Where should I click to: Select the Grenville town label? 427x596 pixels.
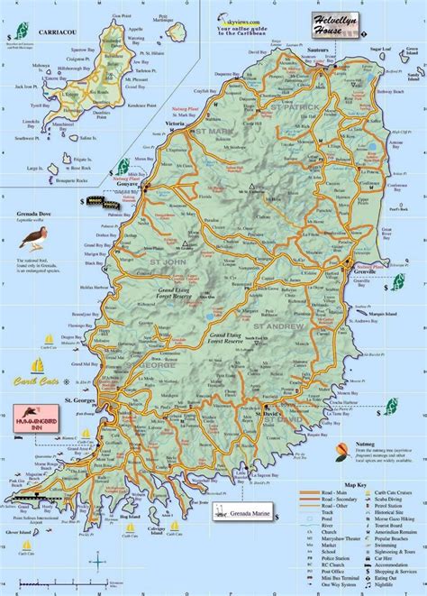365,290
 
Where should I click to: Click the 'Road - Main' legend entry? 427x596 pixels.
326,491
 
